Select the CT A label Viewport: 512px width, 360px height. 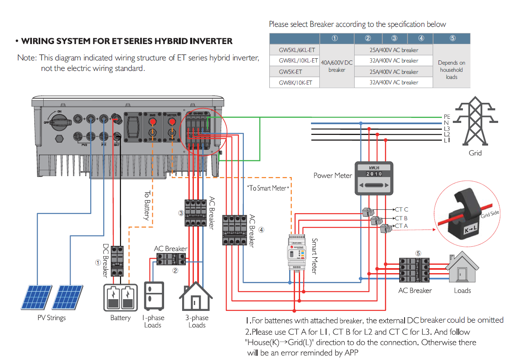401,226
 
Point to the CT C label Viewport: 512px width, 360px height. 401,209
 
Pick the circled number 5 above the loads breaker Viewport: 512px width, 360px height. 418,253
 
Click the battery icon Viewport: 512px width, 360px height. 120,298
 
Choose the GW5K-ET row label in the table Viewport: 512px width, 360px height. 290,72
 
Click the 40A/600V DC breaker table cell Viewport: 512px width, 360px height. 337,66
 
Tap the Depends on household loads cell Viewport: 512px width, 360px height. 451,70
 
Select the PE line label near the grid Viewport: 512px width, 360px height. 447,117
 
